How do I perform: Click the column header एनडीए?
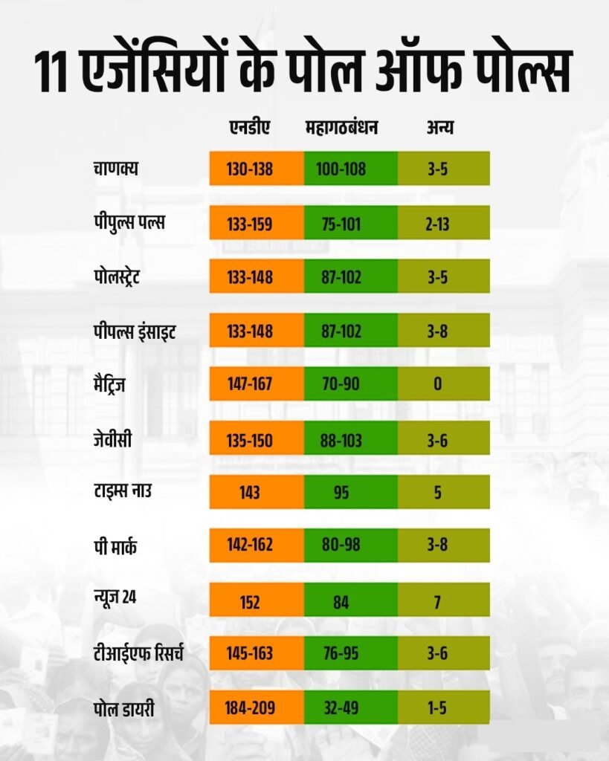pyautogui.click(x=249, y=128)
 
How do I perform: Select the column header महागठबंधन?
pyautogui.click(x=342, y=128)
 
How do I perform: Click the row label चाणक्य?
pyautogui.click(x=112, y=169)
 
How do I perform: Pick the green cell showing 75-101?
pyautogui.click(x=350, y=223)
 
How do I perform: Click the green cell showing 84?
pyautogui.click(x=350, y=600)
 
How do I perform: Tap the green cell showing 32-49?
pyautogui.click(x=350, y=708)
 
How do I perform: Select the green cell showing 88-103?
pyautogui.click(x=350, y=439)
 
